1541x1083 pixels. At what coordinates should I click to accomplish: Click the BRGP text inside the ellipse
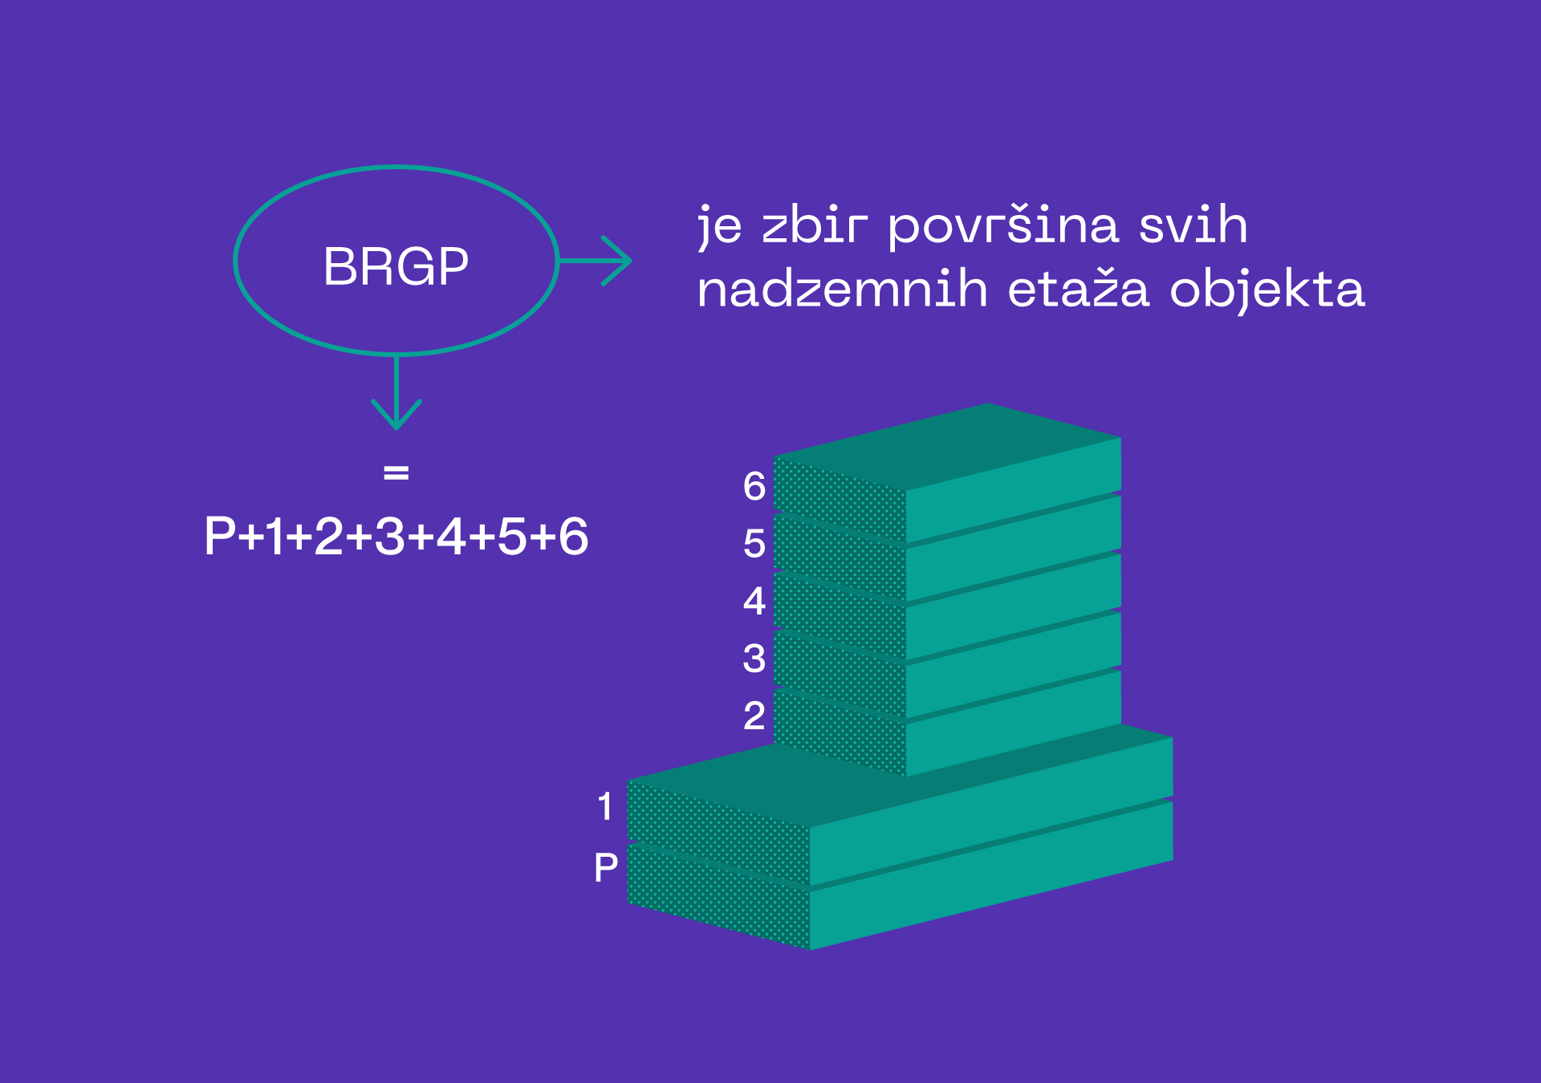click(x=396, y=266)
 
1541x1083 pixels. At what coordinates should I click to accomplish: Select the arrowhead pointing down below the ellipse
click(x=396, y=414)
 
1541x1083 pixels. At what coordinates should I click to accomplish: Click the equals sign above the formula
click(x=396, y=473)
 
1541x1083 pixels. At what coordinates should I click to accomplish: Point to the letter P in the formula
click(x=221, y=536)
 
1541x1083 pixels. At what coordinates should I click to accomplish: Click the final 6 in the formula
click(x=574, y=536)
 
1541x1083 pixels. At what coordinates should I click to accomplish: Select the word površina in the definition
click(x=1002, y=227)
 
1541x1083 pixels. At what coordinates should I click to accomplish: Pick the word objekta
click(x=1267, y=290)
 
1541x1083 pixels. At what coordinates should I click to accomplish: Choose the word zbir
click(x=815, y=225)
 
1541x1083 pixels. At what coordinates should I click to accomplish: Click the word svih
click(x=1193, y=224)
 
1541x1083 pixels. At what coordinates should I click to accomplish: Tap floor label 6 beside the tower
click(x=754, y=486)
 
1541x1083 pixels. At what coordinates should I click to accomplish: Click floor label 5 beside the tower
click(x=754, y=544)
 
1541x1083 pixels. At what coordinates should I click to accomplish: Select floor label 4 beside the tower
click(x=754, y=601)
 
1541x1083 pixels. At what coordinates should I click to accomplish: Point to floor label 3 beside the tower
click(x=754, y=659)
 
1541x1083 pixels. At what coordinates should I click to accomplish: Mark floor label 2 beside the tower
click(x=754, y=716)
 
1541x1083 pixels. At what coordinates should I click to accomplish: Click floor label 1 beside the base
click(x=605, y=806)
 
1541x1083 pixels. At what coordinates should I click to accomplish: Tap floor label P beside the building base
click(x=606, y=867)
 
